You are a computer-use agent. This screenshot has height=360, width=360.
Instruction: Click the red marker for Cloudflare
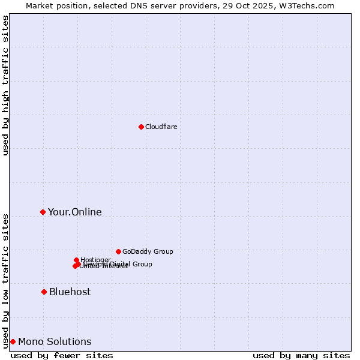141,127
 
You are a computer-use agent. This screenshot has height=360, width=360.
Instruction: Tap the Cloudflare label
161,127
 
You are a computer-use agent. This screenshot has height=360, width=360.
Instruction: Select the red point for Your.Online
43,212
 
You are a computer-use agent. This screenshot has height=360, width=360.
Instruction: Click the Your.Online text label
75,212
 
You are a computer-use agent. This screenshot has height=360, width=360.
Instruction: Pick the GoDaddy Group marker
118,251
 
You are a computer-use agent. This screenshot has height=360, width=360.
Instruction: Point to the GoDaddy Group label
148,251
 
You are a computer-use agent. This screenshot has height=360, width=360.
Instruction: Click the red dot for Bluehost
44,292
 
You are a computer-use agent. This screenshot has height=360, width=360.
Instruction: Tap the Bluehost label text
70,292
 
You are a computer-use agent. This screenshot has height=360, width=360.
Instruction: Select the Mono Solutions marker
13,341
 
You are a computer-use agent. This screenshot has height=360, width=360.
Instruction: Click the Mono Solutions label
55,342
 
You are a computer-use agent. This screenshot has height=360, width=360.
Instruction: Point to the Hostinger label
95,260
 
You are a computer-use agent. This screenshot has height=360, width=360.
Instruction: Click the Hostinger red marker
76,260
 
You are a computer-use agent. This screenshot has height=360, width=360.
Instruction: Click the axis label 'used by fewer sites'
62,355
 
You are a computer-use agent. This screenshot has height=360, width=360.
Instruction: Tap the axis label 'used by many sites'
301,355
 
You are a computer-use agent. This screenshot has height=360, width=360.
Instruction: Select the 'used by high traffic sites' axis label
5,85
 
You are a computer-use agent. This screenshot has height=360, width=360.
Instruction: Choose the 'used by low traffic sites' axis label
5,281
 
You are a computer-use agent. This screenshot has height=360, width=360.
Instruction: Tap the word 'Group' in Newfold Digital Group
142,264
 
